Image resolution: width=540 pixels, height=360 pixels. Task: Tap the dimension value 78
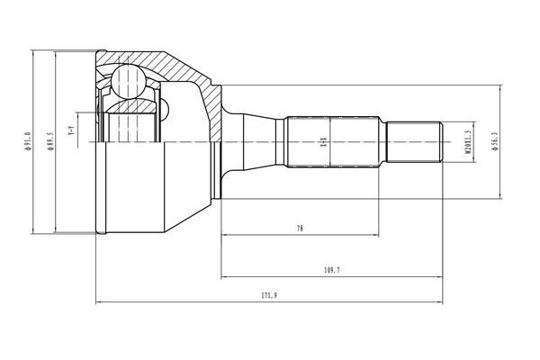click(x=300, y=229)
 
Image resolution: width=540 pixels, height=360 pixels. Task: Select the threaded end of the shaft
click(x=413, y=142)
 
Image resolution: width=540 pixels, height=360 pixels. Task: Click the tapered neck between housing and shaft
click(x=236, y=141)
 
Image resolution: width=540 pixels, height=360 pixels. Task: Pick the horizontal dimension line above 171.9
click(x=271, y=303)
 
